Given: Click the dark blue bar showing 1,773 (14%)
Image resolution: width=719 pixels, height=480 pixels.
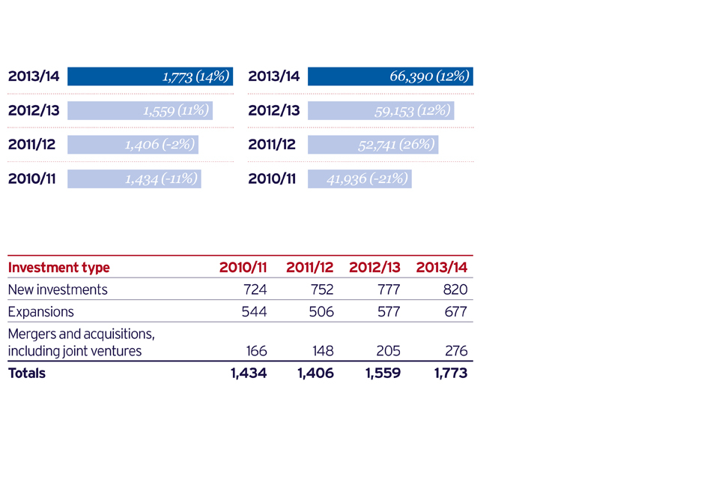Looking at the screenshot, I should click(x=150, y=76).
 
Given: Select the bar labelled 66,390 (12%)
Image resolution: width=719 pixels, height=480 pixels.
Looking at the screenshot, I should click(x=390, y=76).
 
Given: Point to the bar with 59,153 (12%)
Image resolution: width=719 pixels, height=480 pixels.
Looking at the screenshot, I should click(x=381, y=111).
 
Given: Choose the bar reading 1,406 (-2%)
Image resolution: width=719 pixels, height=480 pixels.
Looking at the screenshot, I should click(x=133, y=145).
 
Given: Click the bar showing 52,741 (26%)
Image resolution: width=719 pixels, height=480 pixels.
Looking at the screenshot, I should click(x=373, y=145).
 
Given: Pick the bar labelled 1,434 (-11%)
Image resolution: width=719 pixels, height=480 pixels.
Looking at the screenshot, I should click(x=134, y=178).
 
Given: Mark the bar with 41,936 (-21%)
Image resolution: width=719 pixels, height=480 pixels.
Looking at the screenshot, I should click(x=359, y=178).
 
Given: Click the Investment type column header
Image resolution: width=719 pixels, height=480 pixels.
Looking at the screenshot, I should click(x=58, y=268).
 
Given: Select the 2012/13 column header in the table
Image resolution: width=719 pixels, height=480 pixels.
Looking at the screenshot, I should click(x=374, y=268).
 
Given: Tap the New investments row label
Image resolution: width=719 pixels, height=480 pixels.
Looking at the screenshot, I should click(x=58, y=289).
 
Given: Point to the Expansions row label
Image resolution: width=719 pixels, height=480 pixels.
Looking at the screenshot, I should click(x=40, y=311).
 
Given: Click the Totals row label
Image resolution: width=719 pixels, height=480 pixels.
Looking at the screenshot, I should click(x=27, y=373).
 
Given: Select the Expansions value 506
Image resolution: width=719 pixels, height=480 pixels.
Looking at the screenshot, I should click(x=321, y=311).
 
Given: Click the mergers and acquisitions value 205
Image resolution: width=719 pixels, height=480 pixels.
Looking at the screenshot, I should click(x=388, y=351).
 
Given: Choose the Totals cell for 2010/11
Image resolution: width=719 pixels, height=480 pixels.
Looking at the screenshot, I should click(x=249, y=373).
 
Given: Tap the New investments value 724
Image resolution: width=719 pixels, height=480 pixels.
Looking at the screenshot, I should click(x=255, y=289).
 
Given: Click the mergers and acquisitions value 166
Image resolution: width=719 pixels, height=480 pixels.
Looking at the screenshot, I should click(x=255, y=351).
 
